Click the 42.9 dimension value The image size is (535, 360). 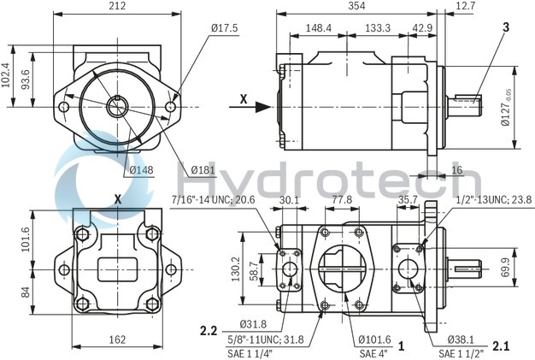[x=422, y=27]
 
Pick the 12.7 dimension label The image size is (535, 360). [x=514, y=7]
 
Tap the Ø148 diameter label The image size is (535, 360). [x=142, y=169]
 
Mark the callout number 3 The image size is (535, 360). [x=506, y=27]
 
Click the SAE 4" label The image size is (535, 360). [x=373, y=352]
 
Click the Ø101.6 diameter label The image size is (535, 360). [x=376, y=339]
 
